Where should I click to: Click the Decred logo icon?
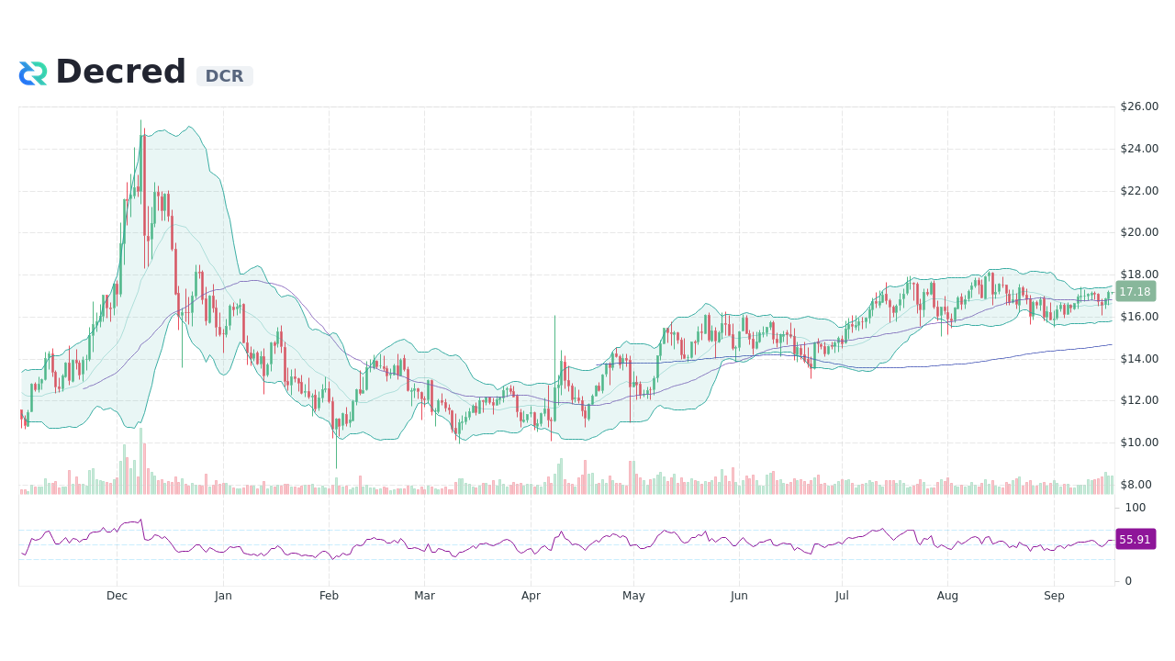(33, 73)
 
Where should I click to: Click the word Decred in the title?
(120, 72)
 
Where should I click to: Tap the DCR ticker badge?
(224, 76)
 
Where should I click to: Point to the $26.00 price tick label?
(1139, 106)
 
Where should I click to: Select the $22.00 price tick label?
(1139, 191)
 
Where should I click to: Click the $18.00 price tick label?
(1139, 274)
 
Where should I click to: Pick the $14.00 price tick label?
(1139, 359)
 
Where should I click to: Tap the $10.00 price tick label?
(1139, 443)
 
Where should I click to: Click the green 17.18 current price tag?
(1136, 292)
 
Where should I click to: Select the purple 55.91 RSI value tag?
(1136, 540)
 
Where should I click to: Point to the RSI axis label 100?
(1136, 508)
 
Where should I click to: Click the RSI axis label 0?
(1129, 581)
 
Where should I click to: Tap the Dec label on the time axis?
(117, 596)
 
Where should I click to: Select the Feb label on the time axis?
(329, 596)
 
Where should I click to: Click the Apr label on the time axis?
(531, 596)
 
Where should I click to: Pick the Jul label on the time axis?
(842, 596)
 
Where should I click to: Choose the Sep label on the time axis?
(1054, 596)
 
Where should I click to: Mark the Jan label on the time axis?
(223, 596)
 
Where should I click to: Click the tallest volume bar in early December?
(141, 462)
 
